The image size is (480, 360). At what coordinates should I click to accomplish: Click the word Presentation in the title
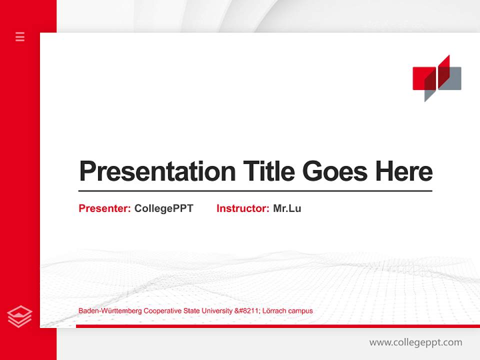tap(157, 171)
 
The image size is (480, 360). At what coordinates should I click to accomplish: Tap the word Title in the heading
tap(268, 171)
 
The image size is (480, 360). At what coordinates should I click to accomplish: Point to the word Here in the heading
tap(403, 171)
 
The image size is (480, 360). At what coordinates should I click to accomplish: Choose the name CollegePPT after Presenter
tap(163, 208)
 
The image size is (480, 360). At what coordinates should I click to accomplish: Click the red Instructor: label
tap(243, 208)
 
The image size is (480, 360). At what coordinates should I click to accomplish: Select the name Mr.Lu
tap(287, 208)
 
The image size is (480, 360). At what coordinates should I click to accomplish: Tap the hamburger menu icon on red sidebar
tap(20, 36)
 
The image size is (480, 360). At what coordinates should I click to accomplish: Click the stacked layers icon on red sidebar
tap(20, 316)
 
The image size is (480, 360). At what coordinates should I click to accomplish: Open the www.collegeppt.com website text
tap(415, 342)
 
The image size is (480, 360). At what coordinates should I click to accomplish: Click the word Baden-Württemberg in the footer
tap(110, 311)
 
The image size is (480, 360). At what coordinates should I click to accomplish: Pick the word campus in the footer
tap(301, 311)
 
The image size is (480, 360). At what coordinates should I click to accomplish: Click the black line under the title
tap(255, 190)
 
